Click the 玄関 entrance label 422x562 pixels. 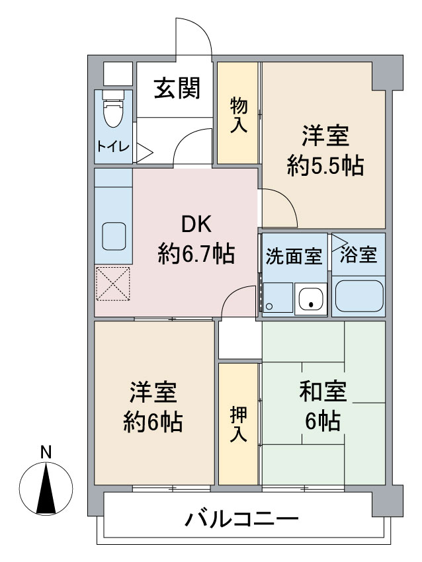coord(177,88)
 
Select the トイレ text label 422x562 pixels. coord(113,146)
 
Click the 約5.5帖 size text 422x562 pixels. coord(325,166)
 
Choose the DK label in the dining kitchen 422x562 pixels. coord(196,225)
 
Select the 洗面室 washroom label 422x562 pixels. coord(294,256)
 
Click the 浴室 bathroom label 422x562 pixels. coord(359,256)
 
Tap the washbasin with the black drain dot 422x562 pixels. coord(310,300)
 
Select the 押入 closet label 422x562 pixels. coord(239,423)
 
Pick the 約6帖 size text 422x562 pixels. coord(152,421)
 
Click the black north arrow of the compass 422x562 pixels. coord(46,489)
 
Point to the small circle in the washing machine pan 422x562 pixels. coord(269,307)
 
